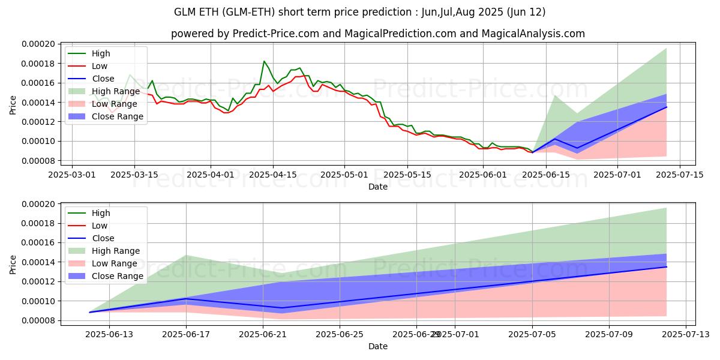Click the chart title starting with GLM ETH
[x=360, y=12]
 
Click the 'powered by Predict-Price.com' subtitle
[x=378, y=34]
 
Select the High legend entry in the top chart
[x=101, y=53]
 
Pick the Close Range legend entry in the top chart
[x=117, y=116]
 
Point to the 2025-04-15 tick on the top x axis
[x=273, y=175]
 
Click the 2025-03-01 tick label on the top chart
[x=73, y=175]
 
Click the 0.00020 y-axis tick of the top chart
[x=38, y=44]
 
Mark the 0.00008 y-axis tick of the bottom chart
[x=38, y=320]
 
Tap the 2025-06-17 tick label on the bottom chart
[x=186, y=334]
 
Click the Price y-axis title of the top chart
[x=13, y=104]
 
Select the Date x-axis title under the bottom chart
[x=378, y=346]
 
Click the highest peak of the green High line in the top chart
[x=264, y=61]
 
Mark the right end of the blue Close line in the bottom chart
[x=667, y=267]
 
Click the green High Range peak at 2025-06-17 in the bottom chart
[x=186, y=256]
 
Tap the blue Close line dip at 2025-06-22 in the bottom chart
[x=282, y=308]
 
